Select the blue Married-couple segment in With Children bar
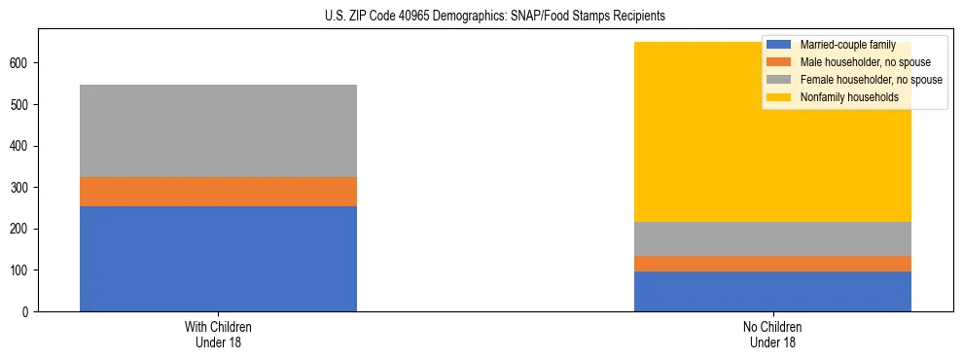click(x=218, y=259)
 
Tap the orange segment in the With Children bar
click(x=218, y=192)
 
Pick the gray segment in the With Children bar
click(x=218, y=130)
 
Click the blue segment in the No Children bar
click(x=772, y=291)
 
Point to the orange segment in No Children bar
click(x=772, y=264)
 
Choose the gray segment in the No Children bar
click(x=772, y=238)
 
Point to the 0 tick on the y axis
click(x=29, y=311)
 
